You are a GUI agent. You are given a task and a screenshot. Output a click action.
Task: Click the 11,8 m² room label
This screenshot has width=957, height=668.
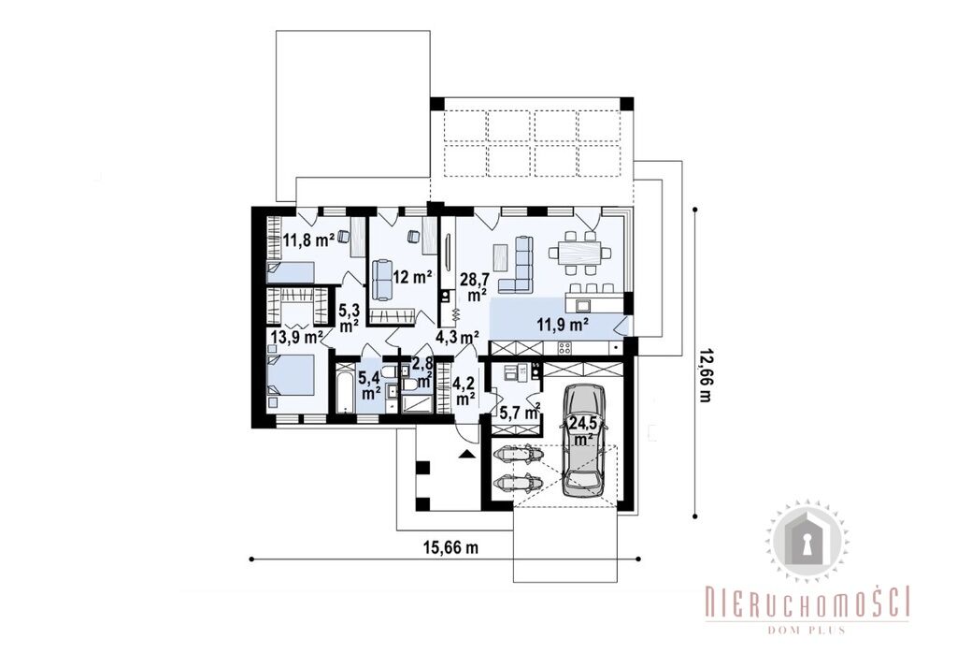click(308, 240)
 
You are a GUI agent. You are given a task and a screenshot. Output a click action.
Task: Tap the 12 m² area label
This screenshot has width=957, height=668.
click(412, 277)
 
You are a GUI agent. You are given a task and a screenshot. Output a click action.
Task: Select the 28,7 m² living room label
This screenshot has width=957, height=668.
click(474, 287)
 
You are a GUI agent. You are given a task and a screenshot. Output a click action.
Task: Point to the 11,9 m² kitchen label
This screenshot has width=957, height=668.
click(563, 325)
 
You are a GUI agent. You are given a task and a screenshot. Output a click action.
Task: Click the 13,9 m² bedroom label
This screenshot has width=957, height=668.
click(297, 336)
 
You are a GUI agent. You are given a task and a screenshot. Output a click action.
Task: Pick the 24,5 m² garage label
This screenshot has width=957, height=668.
click(583, 431)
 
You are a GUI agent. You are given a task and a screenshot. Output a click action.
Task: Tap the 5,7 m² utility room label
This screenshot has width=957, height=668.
click(520, 414)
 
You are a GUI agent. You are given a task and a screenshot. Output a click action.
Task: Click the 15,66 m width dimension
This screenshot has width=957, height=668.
click(451, 548)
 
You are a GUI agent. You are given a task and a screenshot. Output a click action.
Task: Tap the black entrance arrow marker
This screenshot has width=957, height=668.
click(466, 453)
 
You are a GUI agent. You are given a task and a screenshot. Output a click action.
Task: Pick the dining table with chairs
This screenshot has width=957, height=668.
click(576, 251)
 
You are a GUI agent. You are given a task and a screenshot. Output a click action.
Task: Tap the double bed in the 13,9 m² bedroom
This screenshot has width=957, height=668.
click(292, 378)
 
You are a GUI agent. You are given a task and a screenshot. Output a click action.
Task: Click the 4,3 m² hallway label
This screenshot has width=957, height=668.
click(456, 336)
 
